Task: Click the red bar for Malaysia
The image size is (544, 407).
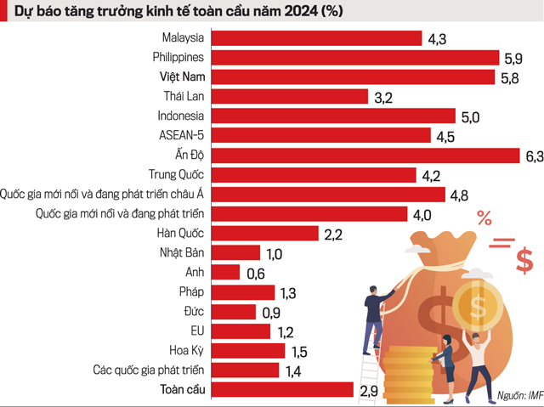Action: pos(315,38)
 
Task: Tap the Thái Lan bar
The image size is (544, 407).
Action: pos(289,97)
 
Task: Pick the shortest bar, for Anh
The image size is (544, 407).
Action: pos(224,272)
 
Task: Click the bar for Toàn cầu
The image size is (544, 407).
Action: pos(281,389)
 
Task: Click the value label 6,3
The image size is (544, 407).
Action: pos(534,156)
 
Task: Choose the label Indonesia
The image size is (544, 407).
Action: pos(181,116)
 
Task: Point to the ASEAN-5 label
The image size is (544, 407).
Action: pos(182,135)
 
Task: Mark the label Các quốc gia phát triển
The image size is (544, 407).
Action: pos(149,370)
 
